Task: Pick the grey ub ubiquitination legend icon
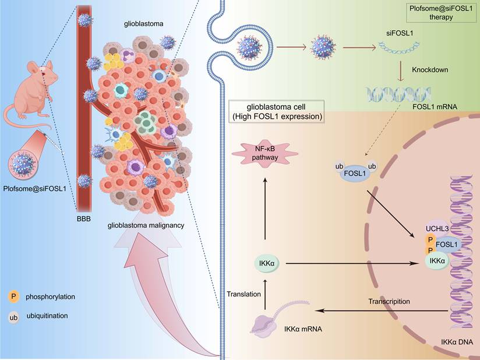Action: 13,316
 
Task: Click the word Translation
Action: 244,294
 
